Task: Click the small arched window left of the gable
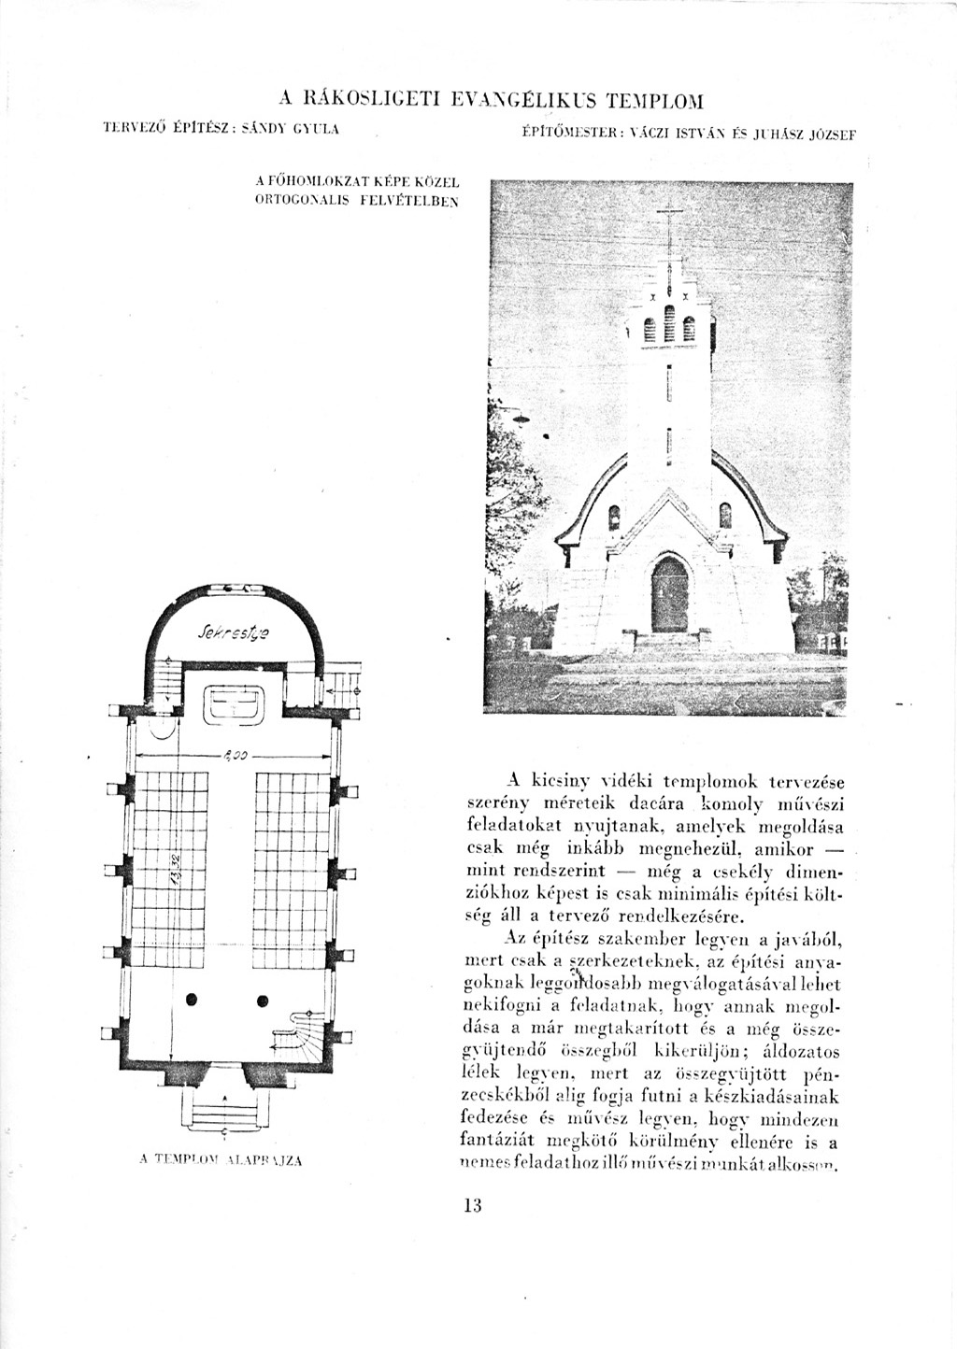point(614,516)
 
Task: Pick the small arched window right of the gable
point(724,516)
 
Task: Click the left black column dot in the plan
point(192,1000)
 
